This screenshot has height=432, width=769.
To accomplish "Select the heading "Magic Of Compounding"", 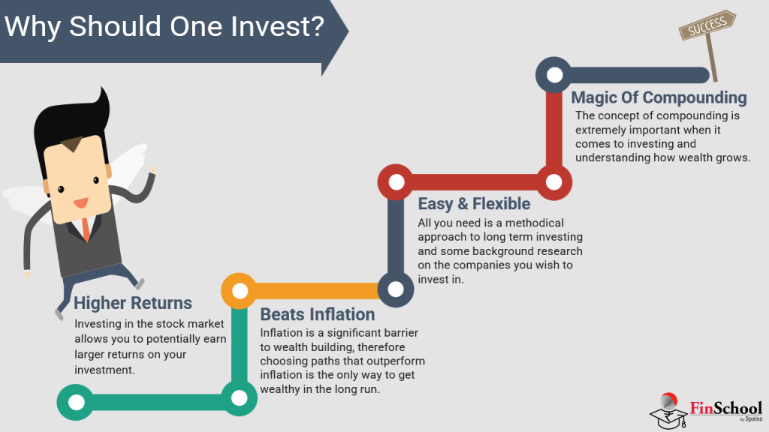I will (x=659, y=97).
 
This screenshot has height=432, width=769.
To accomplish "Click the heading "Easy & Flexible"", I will (x=474, y=203).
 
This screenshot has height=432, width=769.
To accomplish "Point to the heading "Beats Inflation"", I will (x=317, y=313).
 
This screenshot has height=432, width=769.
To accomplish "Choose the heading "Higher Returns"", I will (x=133, y=303).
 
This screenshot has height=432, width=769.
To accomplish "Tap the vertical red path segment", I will (x=554, y=128).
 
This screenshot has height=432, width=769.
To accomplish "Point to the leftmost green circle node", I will (x=76, y=401).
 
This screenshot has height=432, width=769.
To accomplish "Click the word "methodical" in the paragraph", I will (x=532, y=223).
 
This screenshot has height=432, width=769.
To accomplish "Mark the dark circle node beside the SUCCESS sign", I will (x=554, y=75).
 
